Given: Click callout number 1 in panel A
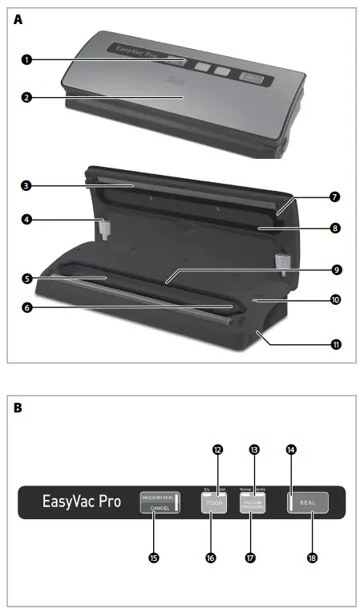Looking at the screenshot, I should [x=27, y=59].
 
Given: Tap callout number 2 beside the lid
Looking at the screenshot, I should [x=27, y=97].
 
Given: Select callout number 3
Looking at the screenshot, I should [x=27, y=185].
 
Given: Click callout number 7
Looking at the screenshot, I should [x=335, y=196].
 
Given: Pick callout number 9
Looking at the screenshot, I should [x=335, y=270].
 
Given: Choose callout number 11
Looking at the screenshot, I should [x=335, y=344].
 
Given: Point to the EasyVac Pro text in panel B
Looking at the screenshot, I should [x=82, y=503].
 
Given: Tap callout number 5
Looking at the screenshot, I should [x=27, y=278].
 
